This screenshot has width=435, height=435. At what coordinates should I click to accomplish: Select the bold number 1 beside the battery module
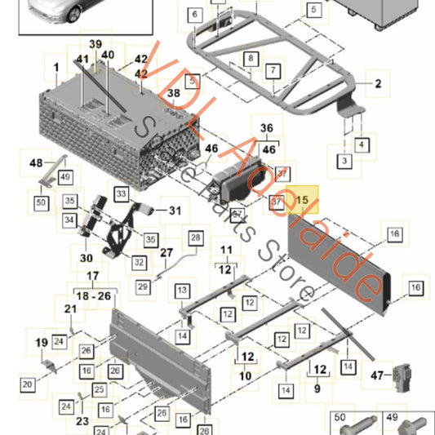57,66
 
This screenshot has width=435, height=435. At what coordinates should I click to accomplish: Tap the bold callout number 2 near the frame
378,83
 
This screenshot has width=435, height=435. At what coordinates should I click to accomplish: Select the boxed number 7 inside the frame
271,72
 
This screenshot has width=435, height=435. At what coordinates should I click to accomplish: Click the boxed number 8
251,59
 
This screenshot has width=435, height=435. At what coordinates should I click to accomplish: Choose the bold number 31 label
175,210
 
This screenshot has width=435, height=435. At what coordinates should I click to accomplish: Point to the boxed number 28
196,237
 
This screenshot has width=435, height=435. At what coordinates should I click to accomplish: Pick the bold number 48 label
35,162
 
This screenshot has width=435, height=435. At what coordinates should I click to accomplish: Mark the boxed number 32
139,263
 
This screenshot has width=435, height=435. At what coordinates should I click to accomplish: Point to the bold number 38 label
172,94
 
